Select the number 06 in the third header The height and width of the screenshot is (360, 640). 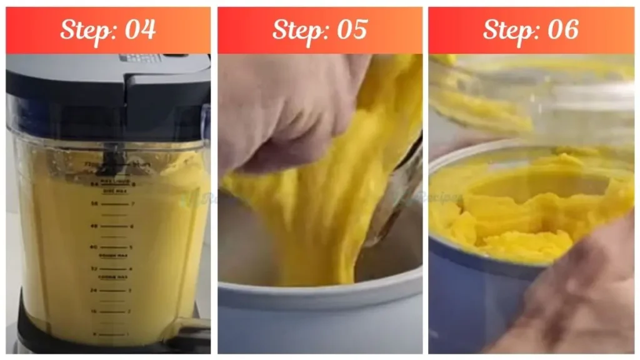click(562, 30)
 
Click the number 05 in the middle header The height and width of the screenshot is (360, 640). click(351, 30)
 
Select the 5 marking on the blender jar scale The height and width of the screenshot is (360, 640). click(129, 247)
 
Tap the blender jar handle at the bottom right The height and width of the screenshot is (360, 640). click(187, 325)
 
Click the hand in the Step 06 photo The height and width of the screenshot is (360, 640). click(575, 294)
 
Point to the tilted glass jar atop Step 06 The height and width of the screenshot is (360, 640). click(531, 94)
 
